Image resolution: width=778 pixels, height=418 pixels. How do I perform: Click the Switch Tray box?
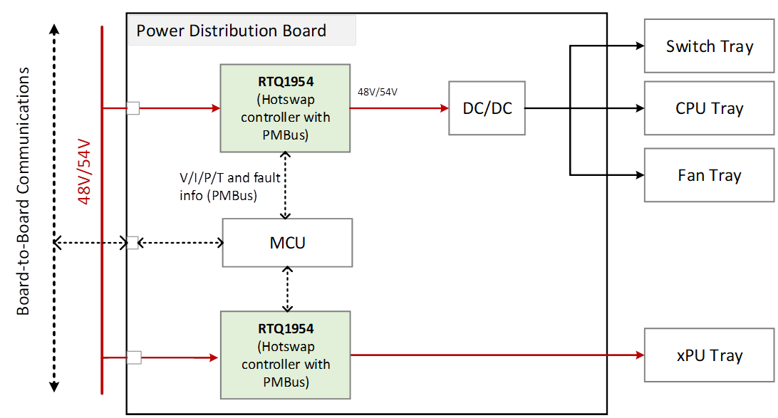coord(709,46)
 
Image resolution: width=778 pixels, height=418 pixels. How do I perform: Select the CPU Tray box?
coord(709,108)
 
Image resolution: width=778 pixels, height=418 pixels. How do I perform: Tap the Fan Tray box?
coord(709,175)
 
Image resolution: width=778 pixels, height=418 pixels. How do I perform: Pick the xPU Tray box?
coord(709,355)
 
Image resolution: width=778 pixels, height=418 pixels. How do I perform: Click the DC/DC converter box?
coord(487,108)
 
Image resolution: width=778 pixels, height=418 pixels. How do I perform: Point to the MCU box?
coord(288,243)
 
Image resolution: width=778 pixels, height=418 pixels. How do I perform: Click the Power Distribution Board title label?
coord(232,31)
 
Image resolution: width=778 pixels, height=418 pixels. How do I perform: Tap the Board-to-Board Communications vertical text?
coord(24,191)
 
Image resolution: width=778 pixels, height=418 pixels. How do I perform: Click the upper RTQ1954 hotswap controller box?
coord(285,108)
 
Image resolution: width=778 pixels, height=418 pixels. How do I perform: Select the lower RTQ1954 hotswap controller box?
coord(285,355)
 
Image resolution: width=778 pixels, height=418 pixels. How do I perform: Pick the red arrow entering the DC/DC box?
coord(399,108)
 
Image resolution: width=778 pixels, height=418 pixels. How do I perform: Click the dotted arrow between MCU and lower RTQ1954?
coord(288,289)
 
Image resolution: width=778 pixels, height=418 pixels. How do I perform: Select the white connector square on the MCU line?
coord(132,243)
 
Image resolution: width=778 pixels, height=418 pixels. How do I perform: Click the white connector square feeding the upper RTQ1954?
coord(133,108)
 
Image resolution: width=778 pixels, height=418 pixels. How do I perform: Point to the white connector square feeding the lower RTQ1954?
coord(133,357)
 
